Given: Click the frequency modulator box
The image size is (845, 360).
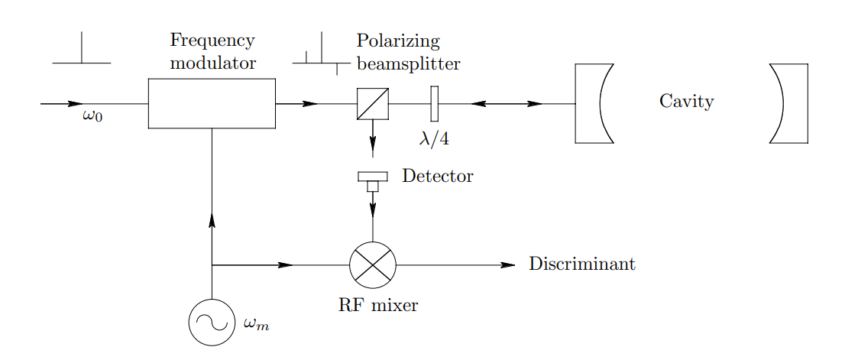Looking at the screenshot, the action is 212,103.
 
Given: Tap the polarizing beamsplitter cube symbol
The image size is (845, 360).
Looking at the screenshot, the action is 373,103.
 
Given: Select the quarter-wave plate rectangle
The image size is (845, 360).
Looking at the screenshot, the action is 435,103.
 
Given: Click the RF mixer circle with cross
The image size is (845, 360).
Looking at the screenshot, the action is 373,265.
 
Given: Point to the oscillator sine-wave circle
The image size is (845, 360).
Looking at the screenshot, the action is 212,322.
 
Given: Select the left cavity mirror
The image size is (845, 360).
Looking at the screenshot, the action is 594,103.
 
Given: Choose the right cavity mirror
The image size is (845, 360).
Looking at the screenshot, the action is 788,103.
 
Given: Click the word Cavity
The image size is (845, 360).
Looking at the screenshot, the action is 687,102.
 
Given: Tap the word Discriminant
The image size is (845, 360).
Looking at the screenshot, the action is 582,264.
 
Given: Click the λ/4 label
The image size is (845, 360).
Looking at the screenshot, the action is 435,138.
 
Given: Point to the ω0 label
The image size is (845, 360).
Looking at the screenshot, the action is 92,116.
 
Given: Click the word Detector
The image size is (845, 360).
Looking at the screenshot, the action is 438,176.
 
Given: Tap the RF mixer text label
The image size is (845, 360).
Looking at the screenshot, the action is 378,305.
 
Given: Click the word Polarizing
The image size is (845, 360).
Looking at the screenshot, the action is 398,42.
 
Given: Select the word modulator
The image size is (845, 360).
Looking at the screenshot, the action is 213,63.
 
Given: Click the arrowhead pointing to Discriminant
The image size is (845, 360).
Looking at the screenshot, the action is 508,265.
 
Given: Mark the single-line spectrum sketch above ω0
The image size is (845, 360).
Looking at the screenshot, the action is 82,47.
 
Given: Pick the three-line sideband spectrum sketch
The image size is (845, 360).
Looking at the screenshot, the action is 322,54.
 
